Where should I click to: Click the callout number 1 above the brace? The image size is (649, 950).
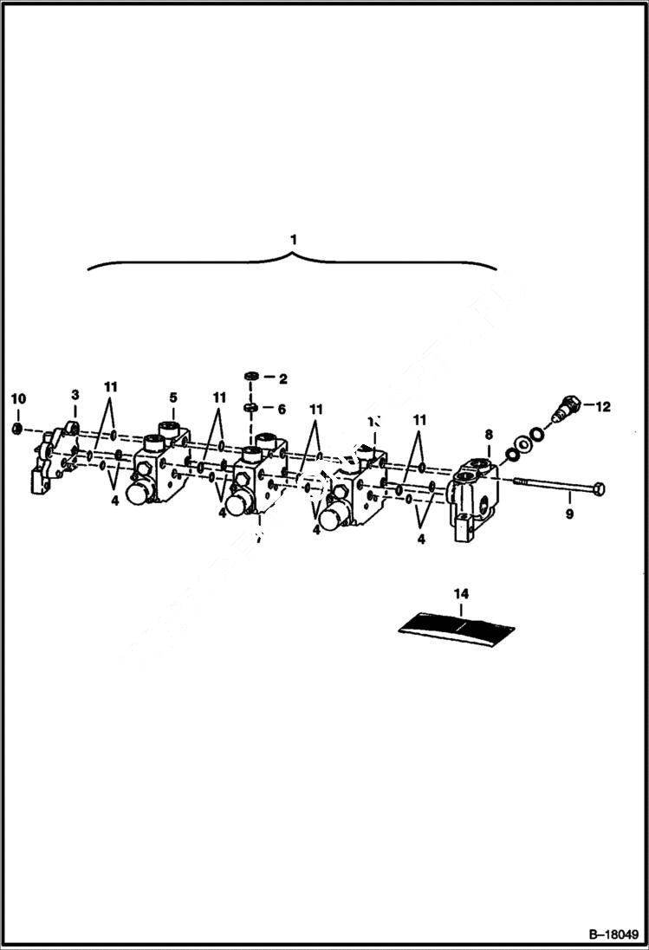point(293,237)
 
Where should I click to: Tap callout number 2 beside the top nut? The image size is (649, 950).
point(282,378)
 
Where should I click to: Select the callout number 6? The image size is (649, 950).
point(282,407)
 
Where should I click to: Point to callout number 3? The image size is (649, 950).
point(75,395)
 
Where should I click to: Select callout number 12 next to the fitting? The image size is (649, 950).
point(602,406)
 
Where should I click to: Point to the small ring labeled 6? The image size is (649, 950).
point(249,406)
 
